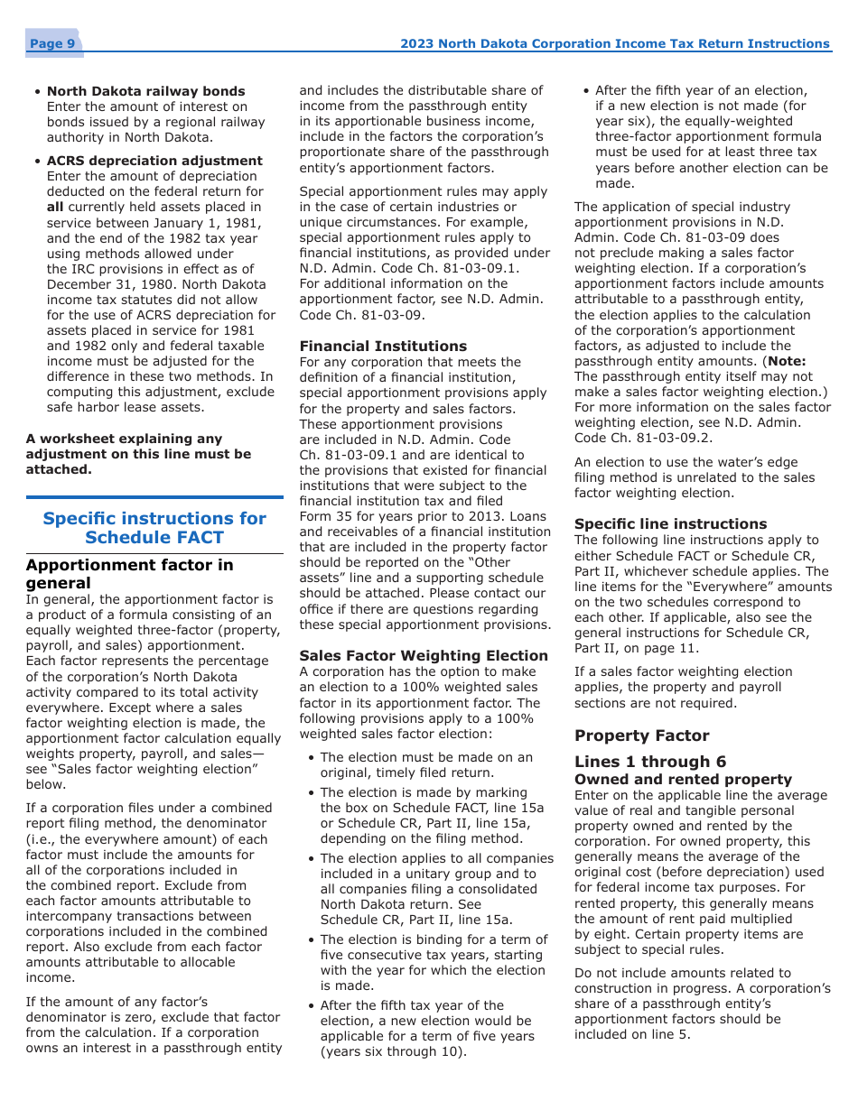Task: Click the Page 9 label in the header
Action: point(51,44)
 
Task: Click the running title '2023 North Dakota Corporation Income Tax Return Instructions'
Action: point(614,43)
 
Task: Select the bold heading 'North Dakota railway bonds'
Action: point(145,91)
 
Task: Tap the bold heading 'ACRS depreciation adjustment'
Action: point(154,161)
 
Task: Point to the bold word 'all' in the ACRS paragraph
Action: point(55,207)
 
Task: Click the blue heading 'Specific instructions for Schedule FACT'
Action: point(154,528)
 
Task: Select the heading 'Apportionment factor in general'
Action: point(129,573)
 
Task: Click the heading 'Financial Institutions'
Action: point(383,347)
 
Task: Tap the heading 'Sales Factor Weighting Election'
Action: point(423,656)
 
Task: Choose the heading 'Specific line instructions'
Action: point(670,524)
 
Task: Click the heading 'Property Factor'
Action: point(641,735)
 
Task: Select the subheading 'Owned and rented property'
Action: point(683,780)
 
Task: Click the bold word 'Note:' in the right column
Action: point(786,361)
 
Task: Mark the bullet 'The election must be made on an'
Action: point(426,757)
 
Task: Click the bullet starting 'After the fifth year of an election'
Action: point(701,90)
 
